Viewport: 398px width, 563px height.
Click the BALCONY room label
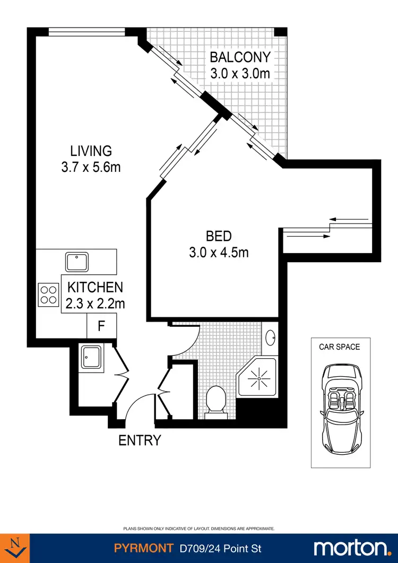(240, 57)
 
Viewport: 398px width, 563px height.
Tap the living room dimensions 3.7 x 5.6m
(91, 167)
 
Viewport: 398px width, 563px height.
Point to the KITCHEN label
(95, 288)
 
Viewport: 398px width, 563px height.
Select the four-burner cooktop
(48, 294)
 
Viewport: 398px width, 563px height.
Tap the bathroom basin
(270, 337)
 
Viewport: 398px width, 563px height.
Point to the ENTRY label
(139, 440)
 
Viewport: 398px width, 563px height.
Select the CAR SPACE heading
(339, 347)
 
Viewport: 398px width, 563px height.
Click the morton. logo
(352, 548)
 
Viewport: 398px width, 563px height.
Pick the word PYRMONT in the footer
(143, 548)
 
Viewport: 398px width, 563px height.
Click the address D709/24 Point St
(220, 548)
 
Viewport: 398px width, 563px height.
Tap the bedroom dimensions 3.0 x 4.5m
(219, 253)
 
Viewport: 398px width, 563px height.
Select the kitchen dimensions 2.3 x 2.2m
(95, 304)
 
